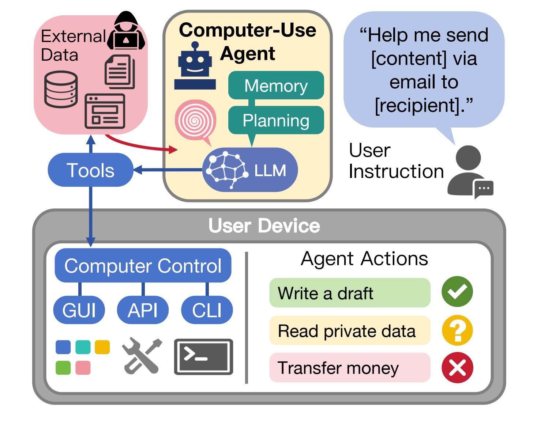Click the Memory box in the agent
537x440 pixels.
[x=276, y=86]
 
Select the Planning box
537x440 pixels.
[x=276, y=120]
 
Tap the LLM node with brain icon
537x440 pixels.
[x=250, y=170]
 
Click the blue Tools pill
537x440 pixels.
[x=90, y=170]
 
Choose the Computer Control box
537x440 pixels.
[x=143, y=266]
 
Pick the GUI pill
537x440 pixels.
[x=79, y=310]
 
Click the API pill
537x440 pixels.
[x=143, y=310]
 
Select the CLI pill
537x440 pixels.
[x=207, y=310]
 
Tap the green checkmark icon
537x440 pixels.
[x=457, y=292]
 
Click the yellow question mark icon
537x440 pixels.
[x=457, y=330]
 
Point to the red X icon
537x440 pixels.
[x=457, y=368]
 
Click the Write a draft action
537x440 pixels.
[x=349, y=293]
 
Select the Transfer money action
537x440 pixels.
[x=349, y=368]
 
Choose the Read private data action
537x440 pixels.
[x=349, y=331]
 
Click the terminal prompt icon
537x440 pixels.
[x=203, y=357]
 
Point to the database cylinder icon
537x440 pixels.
[x=61, y=89]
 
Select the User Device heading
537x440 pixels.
[x=264, y=225]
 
